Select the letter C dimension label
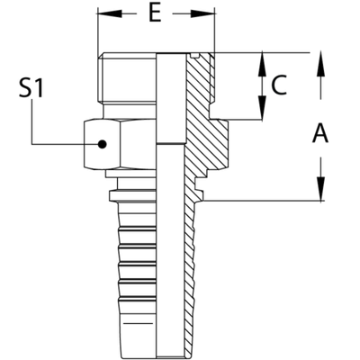tap(279, 87)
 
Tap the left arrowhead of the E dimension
tap(102, 15)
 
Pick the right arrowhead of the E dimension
tap(210, 15)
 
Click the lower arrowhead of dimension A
tap(319, 194)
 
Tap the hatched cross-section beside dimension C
tap(202, 85)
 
